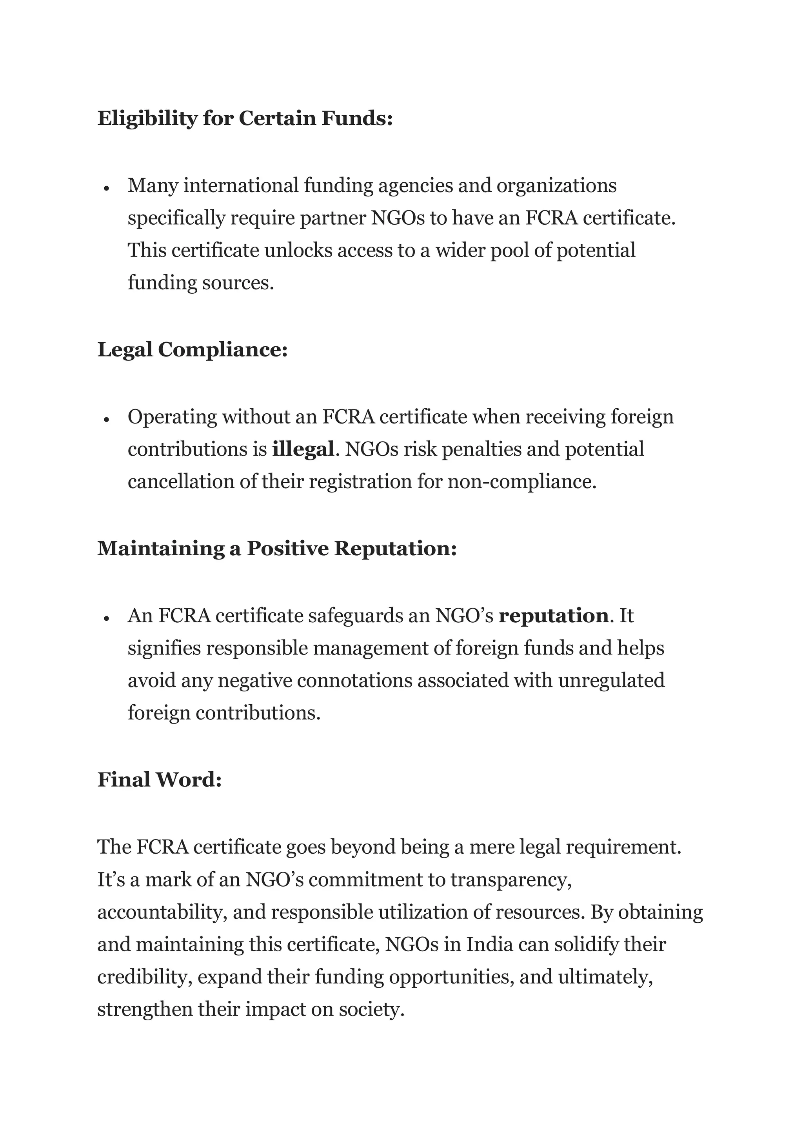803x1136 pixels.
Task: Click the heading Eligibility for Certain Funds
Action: (x=245, y=118)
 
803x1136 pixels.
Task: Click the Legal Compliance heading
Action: (x=193, y=350)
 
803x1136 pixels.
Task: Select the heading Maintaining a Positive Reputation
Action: (x=276, y=548)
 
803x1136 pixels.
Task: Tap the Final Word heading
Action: (x=159, y=780)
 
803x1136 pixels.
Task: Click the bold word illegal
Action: (x=303, y=449)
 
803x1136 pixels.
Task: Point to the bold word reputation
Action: (x=553, y=616)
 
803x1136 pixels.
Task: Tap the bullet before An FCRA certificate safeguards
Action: (x=106, y=618)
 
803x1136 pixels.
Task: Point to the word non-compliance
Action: (x=521, y=482)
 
